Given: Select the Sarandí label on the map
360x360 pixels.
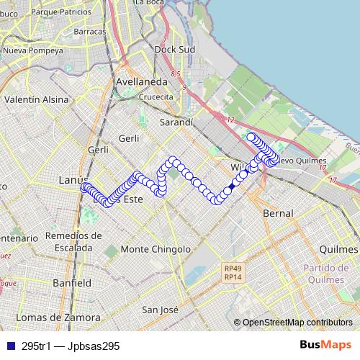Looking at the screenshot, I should pyautogui.click(x=176, y=122).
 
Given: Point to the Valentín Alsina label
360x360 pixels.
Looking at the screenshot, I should pyautogui.click(x=31, y=100).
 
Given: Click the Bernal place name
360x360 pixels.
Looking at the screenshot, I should pyautogui.click(x=278, y=214).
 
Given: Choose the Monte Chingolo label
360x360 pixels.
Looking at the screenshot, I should pyautogui.click(x=156, y=249).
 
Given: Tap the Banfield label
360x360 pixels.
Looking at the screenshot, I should pyautogui.click(x=72, y=283).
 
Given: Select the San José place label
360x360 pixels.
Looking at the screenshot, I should pyautogui.click(x=160, y=310).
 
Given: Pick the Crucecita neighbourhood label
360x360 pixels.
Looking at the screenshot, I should pyautogui.click(x=156, y=97).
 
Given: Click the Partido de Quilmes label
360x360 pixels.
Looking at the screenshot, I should pyautogui.click(x=330, y=273).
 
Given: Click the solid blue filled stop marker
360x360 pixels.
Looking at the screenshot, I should pyautogui.click(x=231, y=188).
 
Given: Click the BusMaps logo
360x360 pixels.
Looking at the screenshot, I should pyautogui.click(x=326, y=345).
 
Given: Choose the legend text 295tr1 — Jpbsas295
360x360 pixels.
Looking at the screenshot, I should pyautogui.click(x=70, y=346).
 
